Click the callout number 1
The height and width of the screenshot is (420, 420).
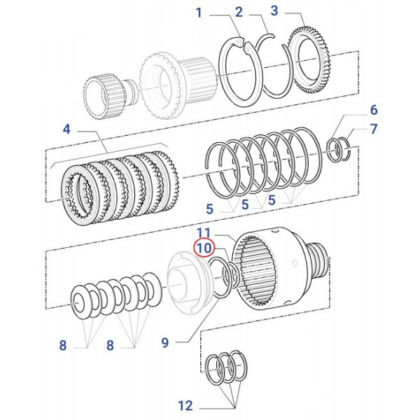click(199, 13)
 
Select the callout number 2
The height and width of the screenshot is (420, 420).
click(239, 12)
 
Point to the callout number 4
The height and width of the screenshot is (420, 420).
click(66, 129)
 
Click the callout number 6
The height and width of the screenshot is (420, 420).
click(373, 110)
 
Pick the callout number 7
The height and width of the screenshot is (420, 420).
click(373, 129)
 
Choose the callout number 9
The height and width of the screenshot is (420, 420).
click(165, 343)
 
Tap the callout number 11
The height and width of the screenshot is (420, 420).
click(204, 232)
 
